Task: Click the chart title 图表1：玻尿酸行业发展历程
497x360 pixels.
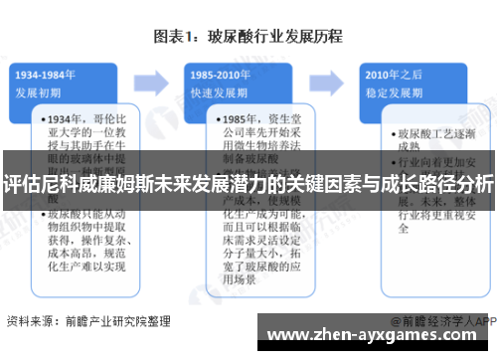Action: (248, 37)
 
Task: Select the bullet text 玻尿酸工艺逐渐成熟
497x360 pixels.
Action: (435, 138)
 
